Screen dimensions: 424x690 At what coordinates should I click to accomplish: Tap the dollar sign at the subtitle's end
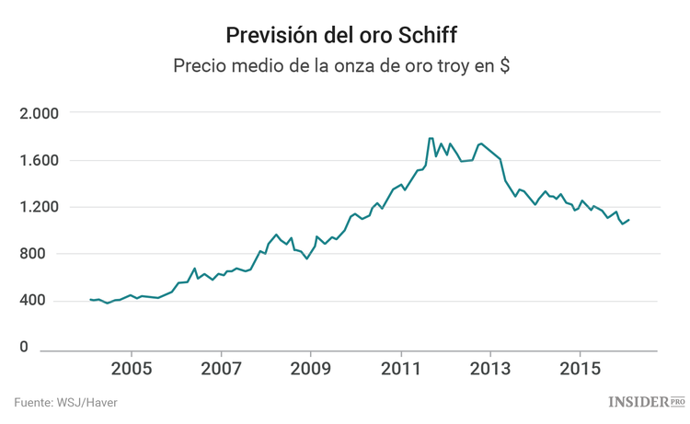click(x=505, y=67)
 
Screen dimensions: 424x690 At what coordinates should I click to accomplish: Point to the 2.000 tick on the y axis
click(x=39, y=113)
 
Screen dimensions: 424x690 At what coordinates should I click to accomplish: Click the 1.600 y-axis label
click(x=39, y=160)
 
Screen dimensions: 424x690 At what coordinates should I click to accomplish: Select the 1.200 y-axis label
click(x=39, y=207)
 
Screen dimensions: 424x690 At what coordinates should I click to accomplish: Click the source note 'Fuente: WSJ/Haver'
click(x=65, y=402)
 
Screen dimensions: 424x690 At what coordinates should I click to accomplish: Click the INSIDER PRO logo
click(x=647, y=402)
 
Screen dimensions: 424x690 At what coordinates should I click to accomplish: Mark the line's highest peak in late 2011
click(x=431, y=139)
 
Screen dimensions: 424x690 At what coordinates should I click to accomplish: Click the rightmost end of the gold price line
click(x=629, y=219)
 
